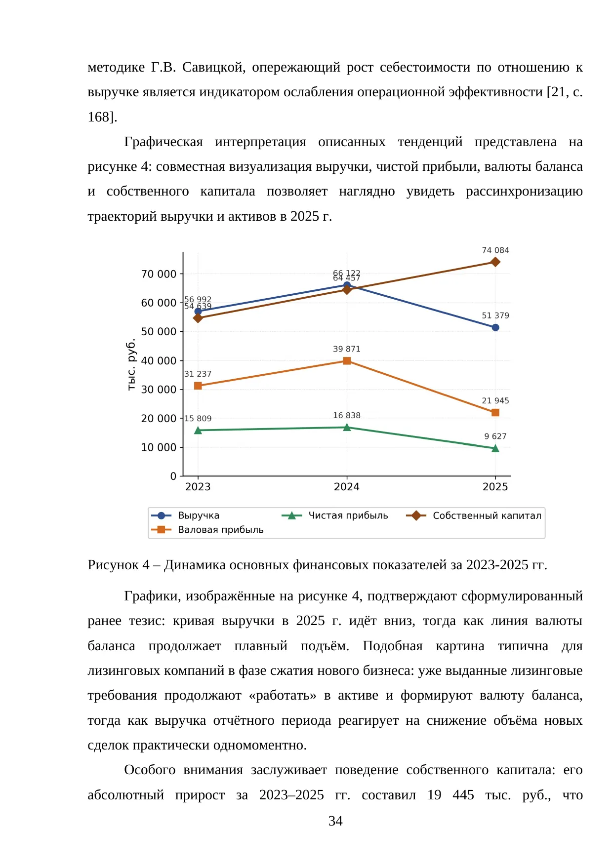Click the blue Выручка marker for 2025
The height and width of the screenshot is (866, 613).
tap(495, 327)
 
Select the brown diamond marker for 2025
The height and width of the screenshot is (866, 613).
tap(495, 262)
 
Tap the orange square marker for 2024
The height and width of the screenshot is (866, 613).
tap(347, 361)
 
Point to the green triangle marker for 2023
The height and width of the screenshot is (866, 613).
tap(198, 430)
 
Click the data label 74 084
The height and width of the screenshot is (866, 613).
tap(495, 250)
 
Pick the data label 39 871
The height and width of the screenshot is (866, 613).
tap(347, 349)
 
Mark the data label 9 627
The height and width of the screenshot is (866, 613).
tap(495, 436)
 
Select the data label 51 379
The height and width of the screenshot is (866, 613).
tap(495, 315)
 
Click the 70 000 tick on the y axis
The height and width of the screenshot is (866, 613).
tap(159, 274)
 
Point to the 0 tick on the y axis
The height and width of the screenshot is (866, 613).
tap(173, 476)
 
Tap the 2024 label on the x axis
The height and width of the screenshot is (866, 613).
tap(347, 487)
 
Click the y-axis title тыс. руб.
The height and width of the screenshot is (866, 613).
tap(131, 364)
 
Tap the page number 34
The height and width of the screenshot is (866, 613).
tap(335, 821)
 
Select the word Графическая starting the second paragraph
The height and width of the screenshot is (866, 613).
tap(163, 142)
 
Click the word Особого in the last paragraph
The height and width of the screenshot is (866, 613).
tap(150, 770)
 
